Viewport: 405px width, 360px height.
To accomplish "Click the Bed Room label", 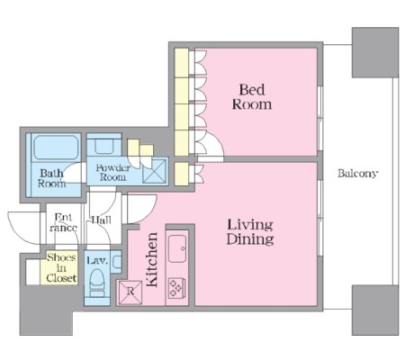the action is [252, 97].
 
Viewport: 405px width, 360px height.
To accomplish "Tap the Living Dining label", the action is [250, 232].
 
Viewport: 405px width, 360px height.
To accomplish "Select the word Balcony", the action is [357, 174].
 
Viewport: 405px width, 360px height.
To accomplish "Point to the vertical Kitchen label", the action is [152, 259].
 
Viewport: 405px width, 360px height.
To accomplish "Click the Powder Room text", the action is [112, 172].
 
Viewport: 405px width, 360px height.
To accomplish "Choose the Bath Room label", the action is [51, 178].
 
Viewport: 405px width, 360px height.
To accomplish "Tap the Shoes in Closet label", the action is [61, 267].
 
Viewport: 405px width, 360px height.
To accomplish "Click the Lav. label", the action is [97, 260].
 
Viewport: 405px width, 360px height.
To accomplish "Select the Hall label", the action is [101, 220].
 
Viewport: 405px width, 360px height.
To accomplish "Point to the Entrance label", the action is [64, 222].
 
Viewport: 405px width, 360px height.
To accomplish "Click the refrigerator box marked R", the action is [130, 292].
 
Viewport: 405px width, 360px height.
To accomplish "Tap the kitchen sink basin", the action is [177, 248].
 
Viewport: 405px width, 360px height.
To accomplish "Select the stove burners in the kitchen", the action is [176, 288].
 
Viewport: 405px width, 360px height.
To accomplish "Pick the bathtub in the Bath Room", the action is [56, 148].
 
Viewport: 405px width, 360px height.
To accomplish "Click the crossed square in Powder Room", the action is [154, 171].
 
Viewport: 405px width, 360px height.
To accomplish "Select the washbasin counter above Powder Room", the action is [103, 145].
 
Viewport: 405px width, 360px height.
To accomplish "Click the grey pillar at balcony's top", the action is [375, 52].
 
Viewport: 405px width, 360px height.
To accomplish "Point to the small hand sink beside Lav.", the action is [116, 262].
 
